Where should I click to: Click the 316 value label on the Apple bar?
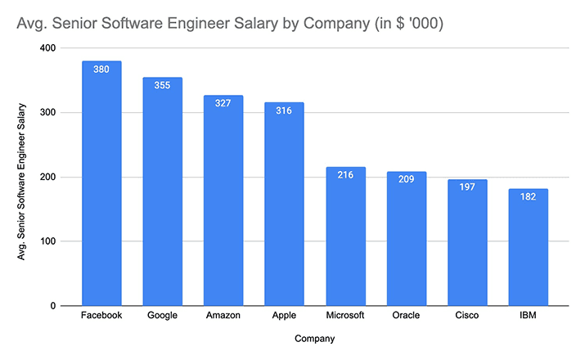[284, 112]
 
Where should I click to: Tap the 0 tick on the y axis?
[52, 306]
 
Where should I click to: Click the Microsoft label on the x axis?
[345, 316]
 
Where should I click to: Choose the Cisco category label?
[467, 316]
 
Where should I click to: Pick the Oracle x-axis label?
[406, 316]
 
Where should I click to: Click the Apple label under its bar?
[284, 316]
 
